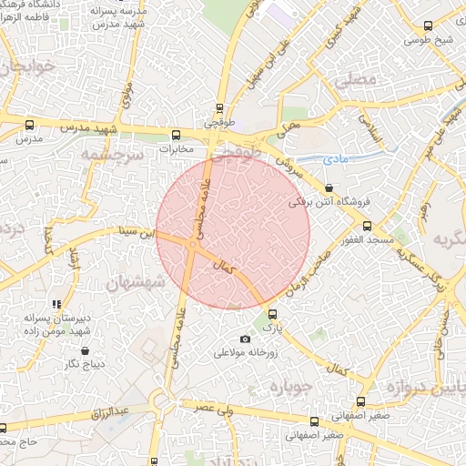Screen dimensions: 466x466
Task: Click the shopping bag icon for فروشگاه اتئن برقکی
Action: [x=328, y=188]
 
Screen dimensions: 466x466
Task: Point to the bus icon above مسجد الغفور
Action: [x=367, y=226]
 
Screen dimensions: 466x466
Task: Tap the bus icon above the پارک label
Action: [x=272, y=314]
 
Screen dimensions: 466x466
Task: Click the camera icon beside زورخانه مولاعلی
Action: [x=244, y=339]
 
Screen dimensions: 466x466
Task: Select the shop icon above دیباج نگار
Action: [x=85, y=350]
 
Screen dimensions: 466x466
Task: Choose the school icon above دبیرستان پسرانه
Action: [x=56, y=304]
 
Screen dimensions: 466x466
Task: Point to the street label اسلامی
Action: [x=375, y=131]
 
